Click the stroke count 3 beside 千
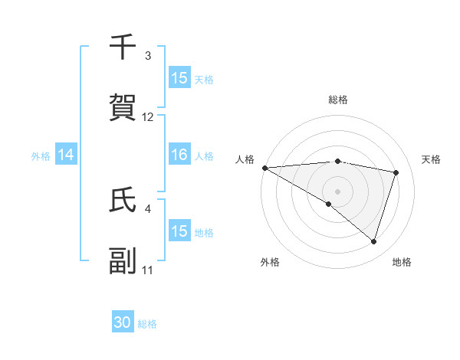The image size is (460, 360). [148, 56]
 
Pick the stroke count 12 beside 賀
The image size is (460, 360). [148, 117]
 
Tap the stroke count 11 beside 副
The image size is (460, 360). [148, 270]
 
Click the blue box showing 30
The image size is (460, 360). [123, 322]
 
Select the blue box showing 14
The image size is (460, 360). [66, 155]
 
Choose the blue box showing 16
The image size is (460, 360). [179, 155]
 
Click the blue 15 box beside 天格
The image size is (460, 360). [179, 78]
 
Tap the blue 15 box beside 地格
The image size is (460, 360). [179, 231]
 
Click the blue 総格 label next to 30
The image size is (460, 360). [147, 324]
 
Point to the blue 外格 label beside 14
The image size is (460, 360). [41, 155]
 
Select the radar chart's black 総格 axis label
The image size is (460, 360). [338, 100]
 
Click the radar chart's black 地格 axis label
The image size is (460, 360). [402, 262]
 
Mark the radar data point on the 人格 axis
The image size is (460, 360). [264, 167]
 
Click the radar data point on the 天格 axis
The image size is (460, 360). [396, 172]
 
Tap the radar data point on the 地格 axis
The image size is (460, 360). [373, 241]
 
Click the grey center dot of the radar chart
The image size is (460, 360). [337, 191]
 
